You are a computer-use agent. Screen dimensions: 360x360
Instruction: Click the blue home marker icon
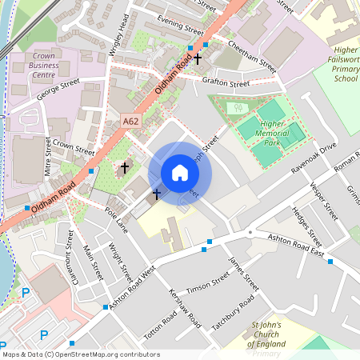click(180, 172)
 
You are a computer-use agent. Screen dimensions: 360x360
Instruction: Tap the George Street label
click(58, 89)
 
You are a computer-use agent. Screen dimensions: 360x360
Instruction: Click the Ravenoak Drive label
click(314, 159)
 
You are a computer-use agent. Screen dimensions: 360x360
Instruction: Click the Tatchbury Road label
click(233, 313)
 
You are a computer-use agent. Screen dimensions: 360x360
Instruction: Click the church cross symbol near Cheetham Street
click(197, 58)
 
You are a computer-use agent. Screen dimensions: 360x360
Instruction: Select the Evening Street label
click(180, 24)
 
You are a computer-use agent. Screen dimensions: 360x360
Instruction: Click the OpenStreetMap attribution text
click(80, 354)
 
